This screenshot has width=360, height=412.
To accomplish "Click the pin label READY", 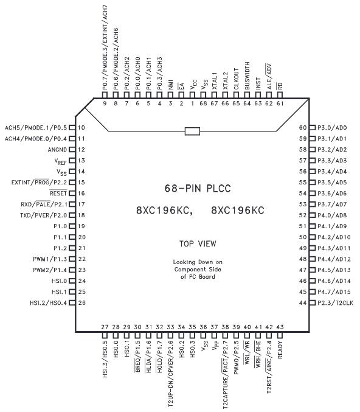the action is coord(280,350).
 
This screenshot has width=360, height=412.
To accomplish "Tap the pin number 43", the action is coord(280,327).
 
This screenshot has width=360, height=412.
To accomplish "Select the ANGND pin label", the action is coord(57,150).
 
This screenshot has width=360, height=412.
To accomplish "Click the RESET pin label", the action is coord(58,193).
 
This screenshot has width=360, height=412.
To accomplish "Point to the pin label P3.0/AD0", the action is coord(332,128).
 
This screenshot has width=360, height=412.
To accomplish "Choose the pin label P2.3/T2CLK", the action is coord(335,302).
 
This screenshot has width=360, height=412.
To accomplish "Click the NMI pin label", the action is coord(171,85).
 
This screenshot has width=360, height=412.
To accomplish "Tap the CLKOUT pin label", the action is coord(237,79).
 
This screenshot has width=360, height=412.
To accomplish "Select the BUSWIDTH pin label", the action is coord(247,76).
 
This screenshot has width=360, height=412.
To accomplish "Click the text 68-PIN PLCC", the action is coord(198,189).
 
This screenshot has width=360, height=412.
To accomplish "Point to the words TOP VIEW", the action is coord(198,244).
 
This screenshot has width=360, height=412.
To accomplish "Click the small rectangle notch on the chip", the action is coord(193,131).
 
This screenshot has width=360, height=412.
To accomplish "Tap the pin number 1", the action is coord(193,103).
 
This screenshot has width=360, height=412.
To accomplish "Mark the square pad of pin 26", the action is coord(72,302).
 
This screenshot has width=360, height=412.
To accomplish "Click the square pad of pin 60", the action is coord(312,128).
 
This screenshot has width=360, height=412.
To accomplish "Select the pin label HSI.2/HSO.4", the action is coord(48,302).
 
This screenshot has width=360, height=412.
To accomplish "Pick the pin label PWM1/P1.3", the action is coord(50,259).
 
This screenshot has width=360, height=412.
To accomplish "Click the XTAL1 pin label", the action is coord(214,81).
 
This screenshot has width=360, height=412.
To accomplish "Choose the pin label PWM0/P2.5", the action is coord(237,358).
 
